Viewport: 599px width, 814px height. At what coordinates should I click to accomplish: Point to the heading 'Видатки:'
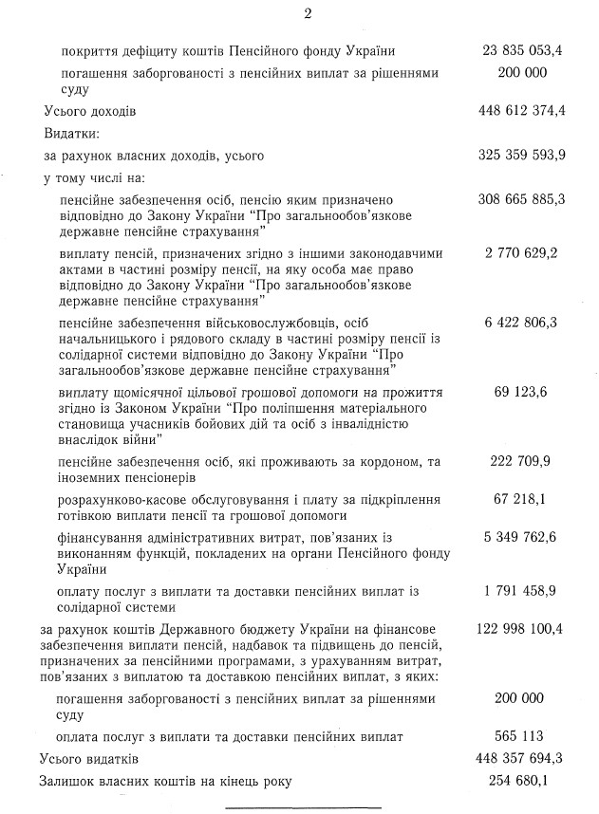click(72, 133)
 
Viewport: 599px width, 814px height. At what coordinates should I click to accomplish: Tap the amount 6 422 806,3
click(525, 324)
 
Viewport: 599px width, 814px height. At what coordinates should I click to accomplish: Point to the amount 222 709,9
click(529, 461)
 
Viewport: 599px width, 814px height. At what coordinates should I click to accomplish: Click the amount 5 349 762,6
click(525, 536)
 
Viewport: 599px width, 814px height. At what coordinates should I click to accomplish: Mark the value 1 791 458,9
click(525, 590)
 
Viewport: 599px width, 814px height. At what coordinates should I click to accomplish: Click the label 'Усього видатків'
click(89, 759)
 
